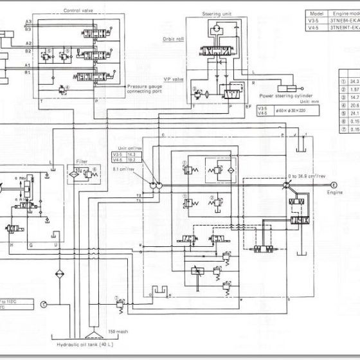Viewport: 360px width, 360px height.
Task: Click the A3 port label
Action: click(x=28, y=22)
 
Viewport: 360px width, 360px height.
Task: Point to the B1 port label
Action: click(x=28, y=73)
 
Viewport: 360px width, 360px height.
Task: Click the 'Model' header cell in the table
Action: click(x=315, y=13)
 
